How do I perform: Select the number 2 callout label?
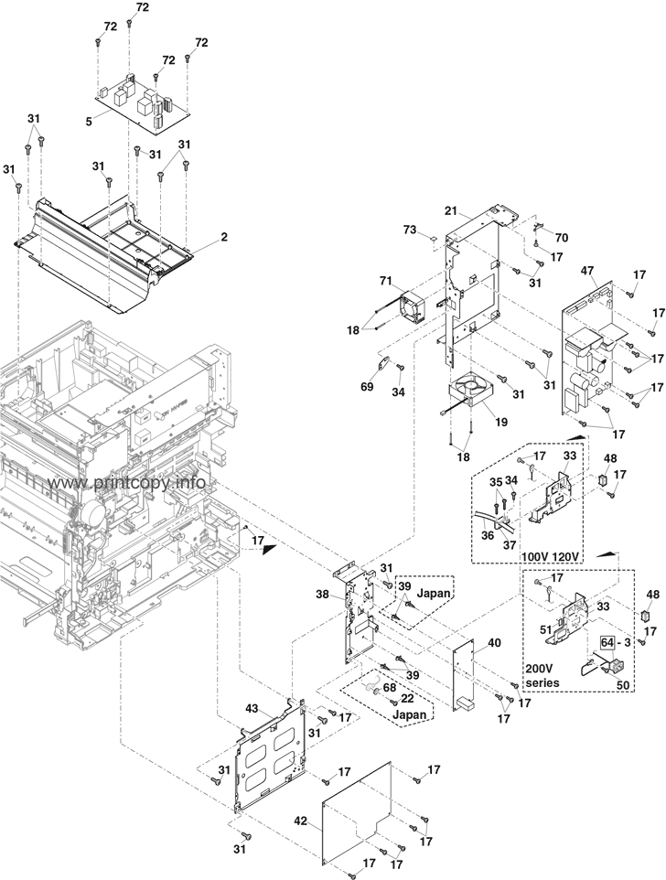(224, 236)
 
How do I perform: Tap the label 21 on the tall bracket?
(451, 211)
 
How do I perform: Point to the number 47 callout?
(587, 271)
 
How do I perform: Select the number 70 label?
(561, 238)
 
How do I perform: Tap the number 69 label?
(368, 388)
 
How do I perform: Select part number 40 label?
(494, 643)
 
